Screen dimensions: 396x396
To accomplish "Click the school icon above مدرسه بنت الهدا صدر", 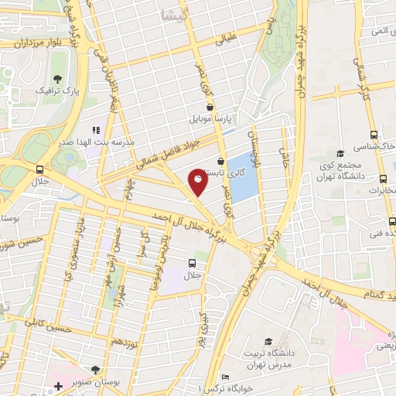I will click(97, 130).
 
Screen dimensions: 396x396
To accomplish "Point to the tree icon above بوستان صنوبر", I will click(94, 370).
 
